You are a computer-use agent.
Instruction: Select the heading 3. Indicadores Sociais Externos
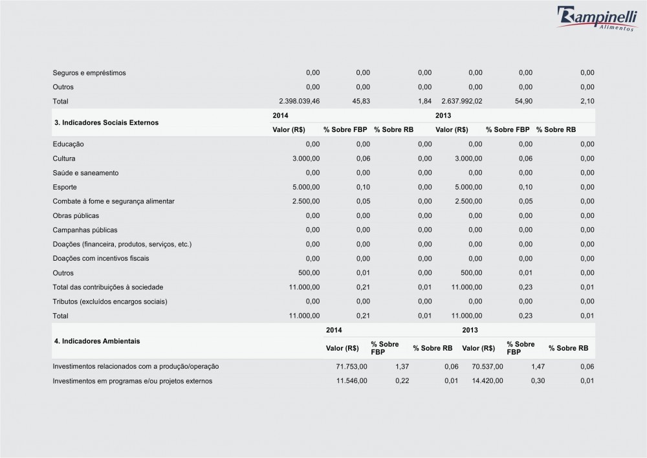(105, 122)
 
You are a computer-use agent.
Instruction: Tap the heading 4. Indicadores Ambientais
(96, 340)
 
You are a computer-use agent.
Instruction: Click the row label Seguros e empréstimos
(89, 72)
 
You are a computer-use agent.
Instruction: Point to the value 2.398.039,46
(299, 102)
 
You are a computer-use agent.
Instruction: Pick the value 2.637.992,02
(461, 102)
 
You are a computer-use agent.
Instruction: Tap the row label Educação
(69, 144)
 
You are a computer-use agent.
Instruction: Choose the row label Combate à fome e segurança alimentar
(114, 201)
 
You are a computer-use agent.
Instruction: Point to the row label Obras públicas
(76, 215)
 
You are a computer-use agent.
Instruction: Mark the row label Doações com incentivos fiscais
(101, 258)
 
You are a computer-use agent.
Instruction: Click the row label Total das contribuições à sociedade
(107, 287)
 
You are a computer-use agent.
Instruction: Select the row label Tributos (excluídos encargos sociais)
(110, 301)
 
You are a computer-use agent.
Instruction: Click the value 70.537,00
(487, 367)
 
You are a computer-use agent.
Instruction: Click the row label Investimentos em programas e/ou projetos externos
(132, 381)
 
